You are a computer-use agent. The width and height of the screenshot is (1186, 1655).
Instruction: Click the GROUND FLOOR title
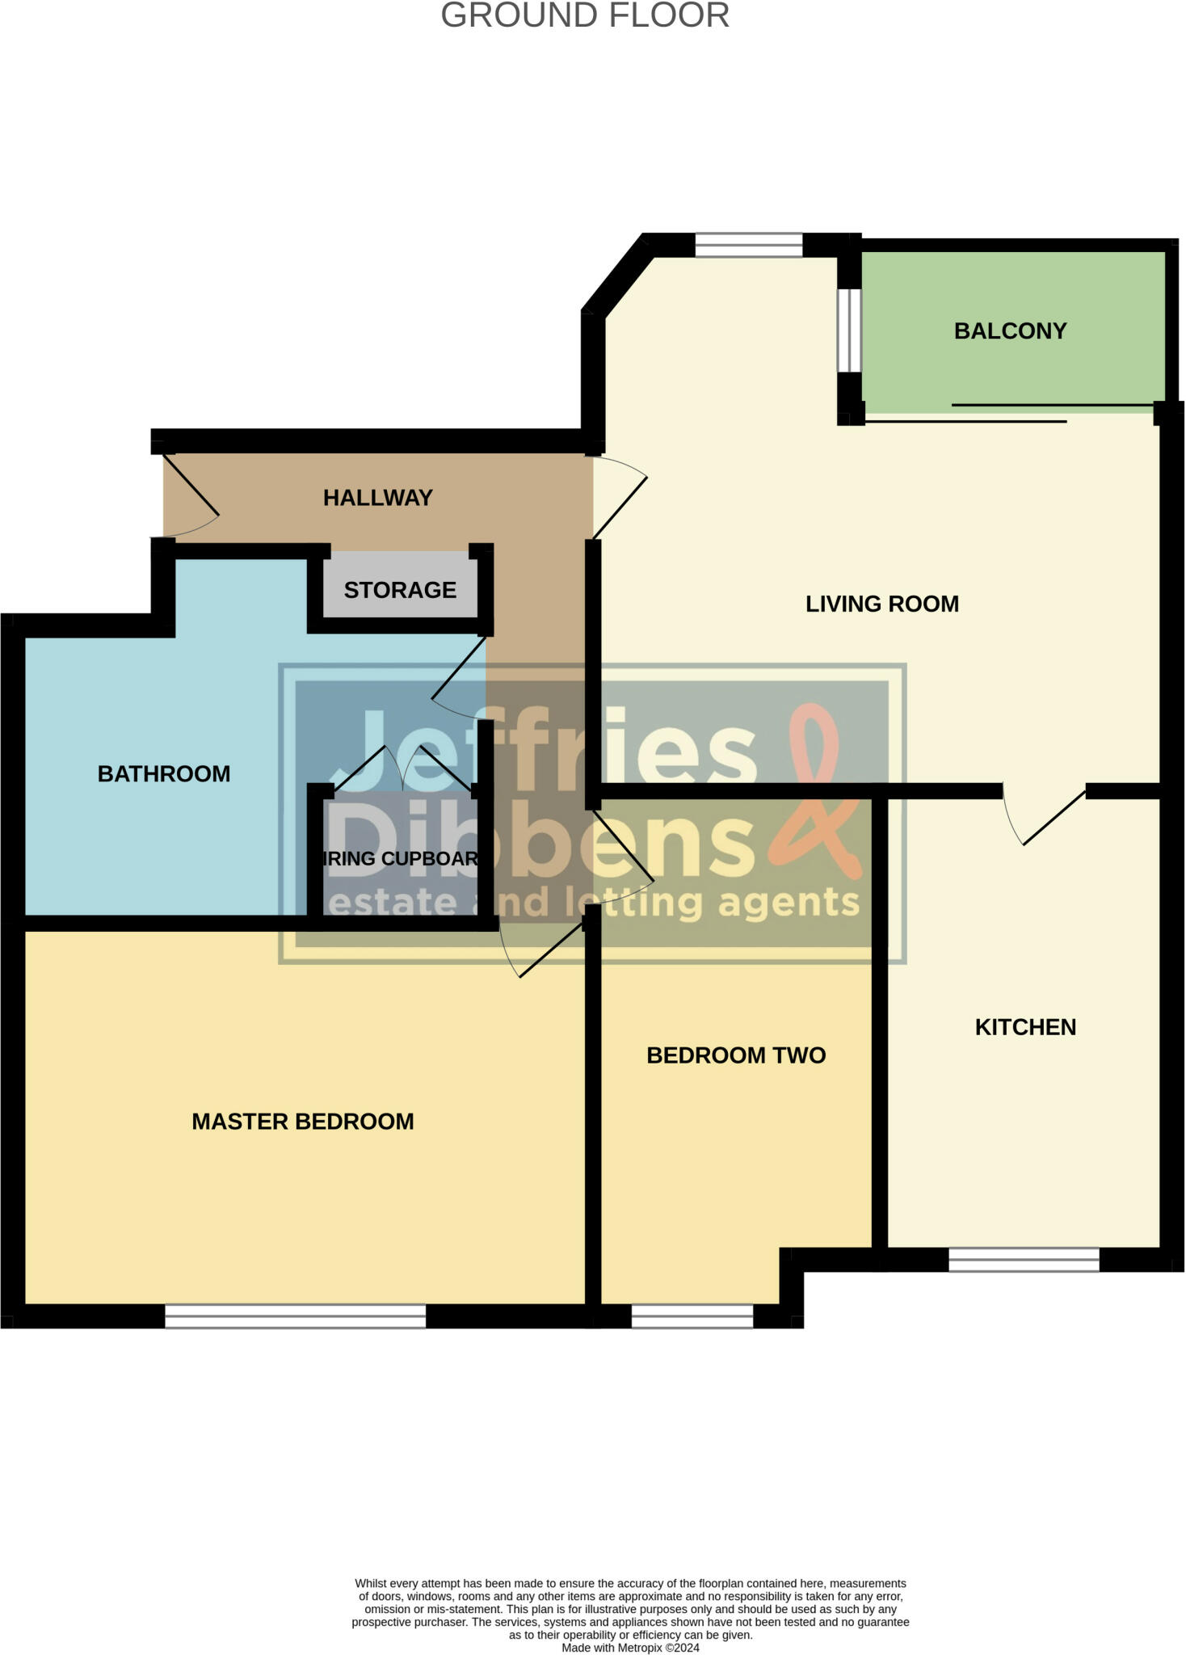click(x=585, y=16)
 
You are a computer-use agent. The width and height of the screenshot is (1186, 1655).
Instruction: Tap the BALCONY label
click(x=1010, y=331)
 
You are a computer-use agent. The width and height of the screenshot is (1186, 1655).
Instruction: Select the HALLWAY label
click(x=377, y=498)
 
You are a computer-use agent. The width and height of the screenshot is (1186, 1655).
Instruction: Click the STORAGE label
click(x=400, y=590)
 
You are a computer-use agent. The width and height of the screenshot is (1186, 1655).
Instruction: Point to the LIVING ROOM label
click(x=881, y=604)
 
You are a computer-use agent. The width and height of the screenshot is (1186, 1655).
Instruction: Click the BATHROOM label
click(x=164, y=774)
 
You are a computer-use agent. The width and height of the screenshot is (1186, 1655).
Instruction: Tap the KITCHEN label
click(x=1025, y=1027)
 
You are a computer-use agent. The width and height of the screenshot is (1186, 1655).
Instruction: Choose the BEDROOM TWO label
click(x=736, y=1055)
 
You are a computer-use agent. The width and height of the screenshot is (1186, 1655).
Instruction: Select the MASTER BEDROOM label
click(x=302, y=1122)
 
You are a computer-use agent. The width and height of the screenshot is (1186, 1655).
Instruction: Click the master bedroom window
click(x=295, y=1316)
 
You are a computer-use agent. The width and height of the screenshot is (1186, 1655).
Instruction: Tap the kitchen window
click(x=1024, y=1259)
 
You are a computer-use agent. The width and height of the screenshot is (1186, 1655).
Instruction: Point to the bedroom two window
click(x=692, y=1316)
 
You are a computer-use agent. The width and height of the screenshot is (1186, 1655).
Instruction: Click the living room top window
click(x=748, y=245)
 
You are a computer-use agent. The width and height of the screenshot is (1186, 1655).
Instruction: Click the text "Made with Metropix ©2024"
click(x=630, y=1648)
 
